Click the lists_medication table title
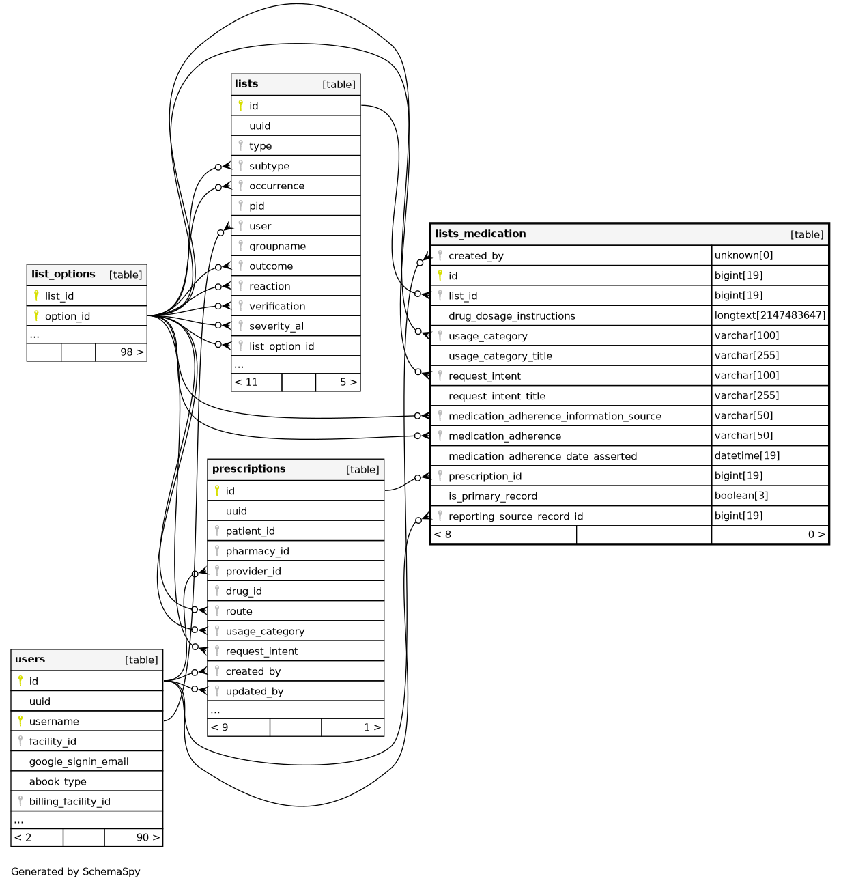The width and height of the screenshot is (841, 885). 480,234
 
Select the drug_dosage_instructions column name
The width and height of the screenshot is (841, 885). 511,316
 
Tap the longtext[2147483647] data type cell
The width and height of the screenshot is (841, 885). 769,315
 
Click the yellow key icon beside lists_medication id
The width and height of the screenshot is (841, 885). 440,275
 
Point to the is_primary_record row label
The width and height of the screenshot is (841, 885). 492,496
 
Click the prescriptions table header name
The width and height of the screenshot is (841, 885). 248,469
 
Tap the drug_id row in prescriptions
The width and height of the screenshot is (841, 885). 244,591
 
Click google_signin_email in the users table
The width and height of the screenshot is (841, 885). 79,761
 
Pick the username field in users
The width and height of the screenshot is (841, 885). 54,722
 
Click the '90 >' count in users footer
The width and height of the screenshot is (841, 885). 147,837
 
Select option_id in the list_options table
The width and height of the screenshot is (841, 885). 67,316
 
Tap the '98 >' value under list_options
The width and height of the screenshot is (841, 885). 132,352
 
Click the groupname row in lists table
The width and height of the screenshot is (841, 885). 277,247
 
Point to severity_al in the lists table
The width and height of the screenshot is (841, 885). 276,326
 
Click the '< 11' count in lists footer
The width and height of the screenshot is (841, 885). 246,382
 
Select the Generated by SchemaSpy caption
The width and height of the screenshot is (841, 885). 75,872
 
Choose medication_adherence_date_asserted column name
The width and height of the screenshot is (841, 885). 542,456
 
